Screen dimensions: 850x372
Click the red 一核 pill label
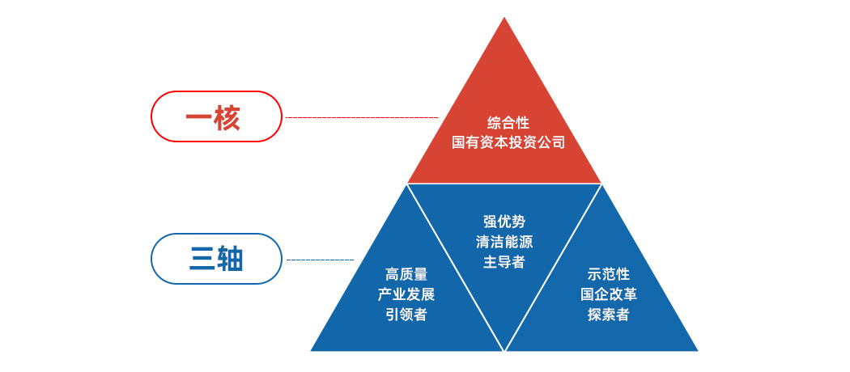tap(216, 116)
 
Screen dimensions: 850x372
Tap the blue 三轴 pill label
tap(216, 259)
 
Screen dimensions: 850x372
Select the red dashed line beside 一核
tap(362, 117)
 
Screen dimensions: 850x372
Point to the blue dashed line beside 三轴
tap(320, 260)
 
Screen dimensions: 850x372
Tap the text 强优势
tap(504, 222)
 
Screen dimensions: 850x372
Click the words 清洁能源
tap(504, 242)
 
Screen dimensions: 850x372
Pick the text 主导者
tap(504, 261)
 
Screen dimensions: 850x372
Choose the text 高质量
tap(406, 274)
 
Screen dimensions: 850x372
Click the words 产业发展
tap(406, 294)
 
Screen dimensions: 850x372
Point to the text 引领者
tap(406, 315)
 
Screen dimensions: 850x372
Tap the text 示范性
tap(608, 274)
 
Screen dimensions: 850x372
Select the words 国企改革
tap(608, 294)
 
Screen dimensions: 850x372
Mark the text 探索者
tap(608, 314)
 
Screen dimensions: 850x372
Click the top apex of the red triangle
tap(504, 17)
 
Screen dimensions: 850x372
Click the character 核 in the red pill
tap(227, 117)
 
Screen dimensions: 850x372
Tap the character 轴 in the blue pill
tap(229, 260)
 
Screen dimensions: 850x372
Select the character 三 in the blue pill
tap(201, 260)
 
